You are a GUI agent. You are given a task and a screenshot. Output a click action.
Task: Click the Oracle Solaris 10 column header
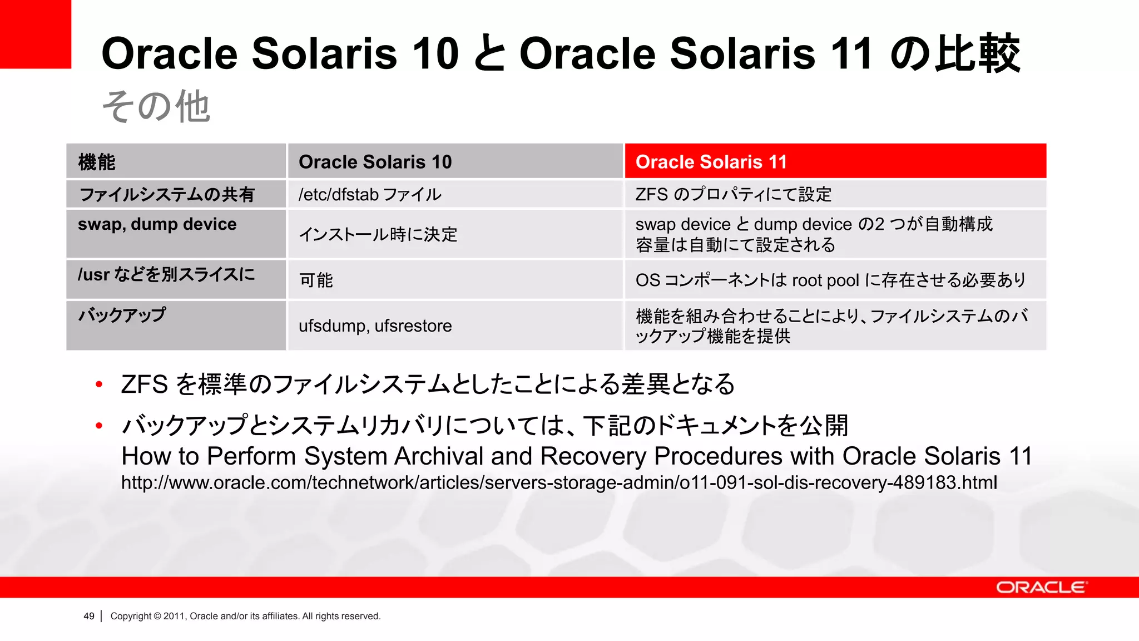click(x=454, y=161)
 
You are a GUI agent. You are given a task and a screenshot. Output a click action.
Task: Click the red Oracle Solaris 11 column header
click(x=835, y=161)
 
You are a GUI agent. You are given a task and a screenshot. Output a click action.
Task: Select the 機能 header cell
click(x=176, y=161)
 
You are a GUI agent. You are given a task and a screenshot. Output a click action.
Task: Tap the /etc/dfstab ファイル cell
click(x=454, y=194)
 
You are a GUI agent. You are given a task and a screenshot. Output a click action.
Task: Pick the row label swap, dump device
click(x=157, y=224)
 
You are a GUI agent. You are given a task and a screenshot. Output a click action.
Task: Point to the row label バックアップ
click(x=122, y=315)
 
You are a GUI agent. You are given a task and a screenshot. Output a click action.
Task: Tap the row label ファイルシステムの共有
click(x=167, y=194)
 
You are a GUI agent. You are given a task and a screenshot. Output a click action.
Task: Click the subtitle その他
click(x=156, y=106)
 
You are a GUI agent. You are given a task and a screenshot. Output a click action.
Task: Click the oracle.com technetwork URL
click(x=559, y=482)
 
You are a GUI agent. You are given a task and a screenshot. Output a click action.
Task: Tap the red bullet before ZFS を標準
click(x=99, y=384)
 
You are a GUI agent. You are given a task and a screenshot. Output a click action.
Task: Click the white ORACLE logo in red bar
click(x=1041, y=588)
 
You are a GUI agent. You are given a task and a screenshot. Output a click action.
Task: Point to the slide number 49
click(x=89, y=616)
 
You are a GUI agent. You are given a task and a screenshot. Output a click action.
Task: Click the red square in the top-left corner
click(x=35, y=34)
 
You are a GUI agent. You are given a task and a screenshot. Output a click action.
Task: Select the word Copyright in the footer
click(x=131, y=616)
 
